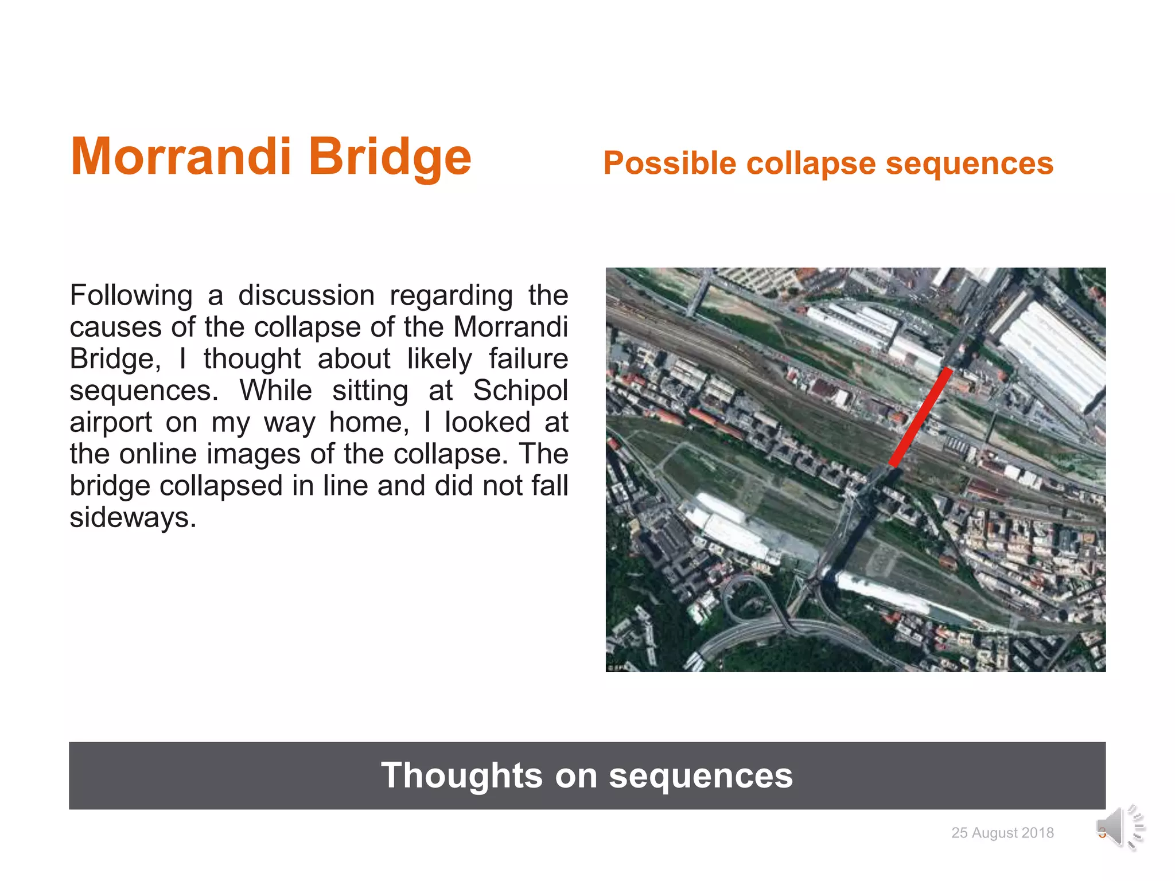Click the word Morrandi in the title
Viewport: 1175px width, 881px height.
pos(181,157)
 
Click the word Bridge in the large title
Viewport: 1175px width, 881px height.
pos(390,157)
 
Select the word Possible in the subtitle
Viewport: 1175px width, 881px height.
pos(670,163)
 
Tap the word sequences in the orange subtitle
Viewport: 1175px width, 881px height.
pos(969,163)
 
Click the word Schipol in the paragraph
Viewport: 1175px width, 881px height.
pos(520,391)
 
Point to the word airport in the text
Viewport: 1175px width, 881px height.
pos(110,423)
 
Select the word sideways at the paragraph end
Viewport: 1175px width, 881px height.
pos(133,517)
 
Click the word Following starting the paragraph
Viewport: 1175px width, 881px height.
pos(131,296)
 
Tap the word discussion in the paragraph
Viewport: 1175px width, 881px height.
pos(306,296)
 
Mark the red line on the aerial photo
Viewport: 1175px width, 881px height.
pos(920,418)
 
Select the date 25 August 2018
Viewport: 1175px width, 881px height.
pos(1002,833)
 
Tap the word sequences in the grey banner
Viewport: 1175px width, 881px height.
pos(700,775)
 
